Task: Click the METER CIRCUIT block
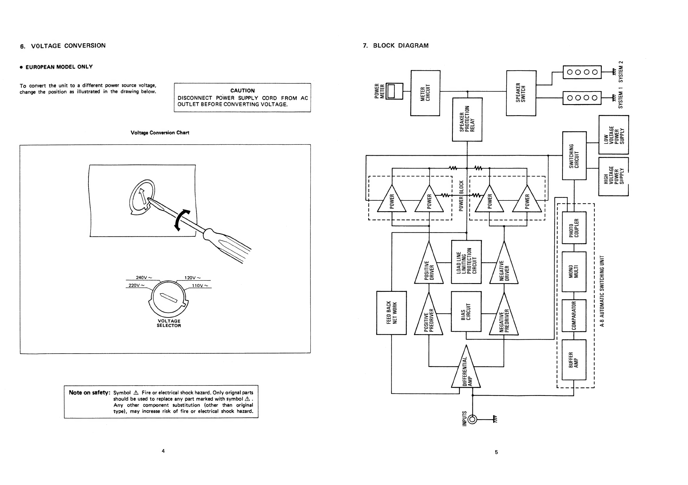point(425,93)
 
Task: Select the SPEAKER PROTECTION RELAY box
point(467,120)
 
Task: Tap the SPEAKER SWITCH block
point(521,93)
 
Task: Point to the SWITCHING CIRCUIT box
point(574,156)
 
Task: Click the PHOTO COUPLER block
point(574,228)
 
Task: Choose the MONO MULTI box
point(574,272)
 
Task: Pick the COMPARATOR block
point(574,316)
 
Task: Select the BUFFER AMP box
point(574,360)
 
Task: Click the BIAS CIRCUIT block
point(466,311)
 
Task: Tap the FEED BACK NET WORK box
point(391,313)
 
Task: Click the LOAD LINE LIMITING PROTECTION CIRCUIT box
point(466,262)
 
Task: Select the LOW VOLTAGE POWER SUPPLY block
point(614,135)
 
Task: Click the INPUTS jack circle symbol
point(472,419)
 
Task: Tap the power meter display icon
point(391,91)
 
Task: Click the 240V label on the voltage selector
point(142,278)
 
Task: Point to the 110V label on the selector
point(198,286)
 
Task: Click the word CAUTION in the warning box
point(242,91)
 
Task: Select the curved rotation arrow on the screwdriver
point(181,220)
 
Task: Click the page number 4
point(163,451)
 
